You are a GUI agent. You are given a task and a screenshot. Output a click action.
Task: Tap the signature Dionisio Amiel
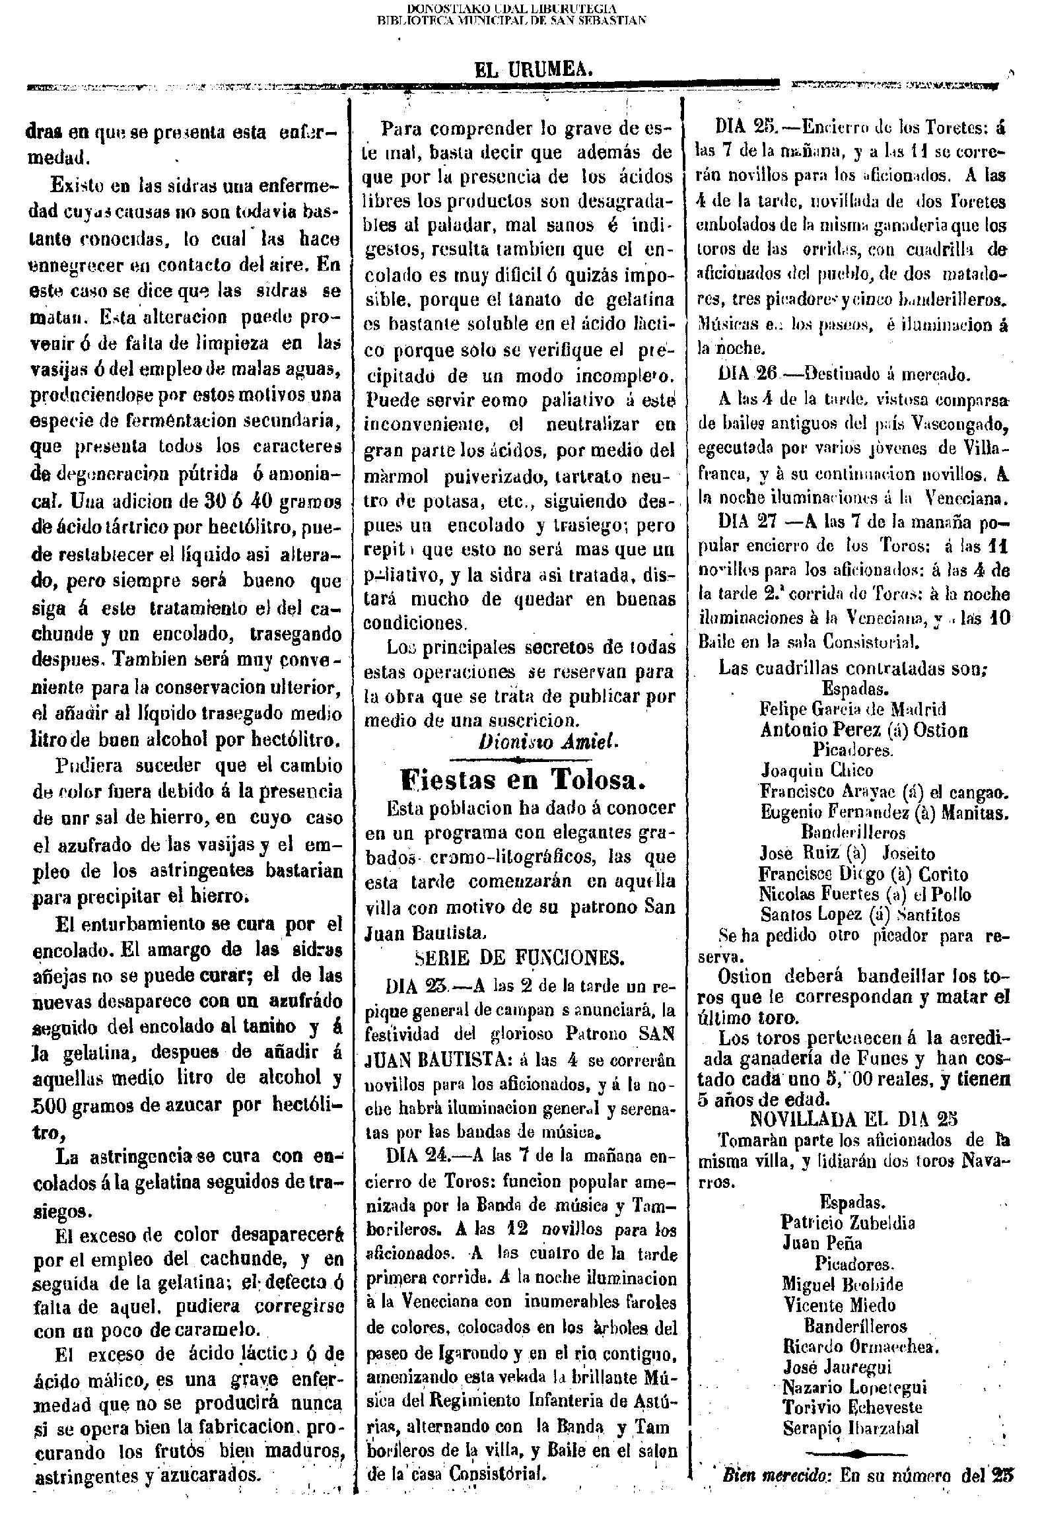pyautogui.click(x=549, y=742)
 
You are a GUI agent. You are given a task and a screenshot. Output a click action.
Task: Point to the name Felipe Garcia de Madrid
pyautogui.click(x=852, y=709)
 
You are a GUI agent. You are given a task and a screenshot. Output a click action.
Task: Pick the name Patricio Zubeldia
pyautogui.click(x=848, y=1222)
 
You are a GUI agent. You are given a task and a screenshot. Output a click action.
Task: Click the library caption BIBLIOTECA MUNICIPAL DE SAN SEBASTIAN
pyautogui.click(x=511, y=20)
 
